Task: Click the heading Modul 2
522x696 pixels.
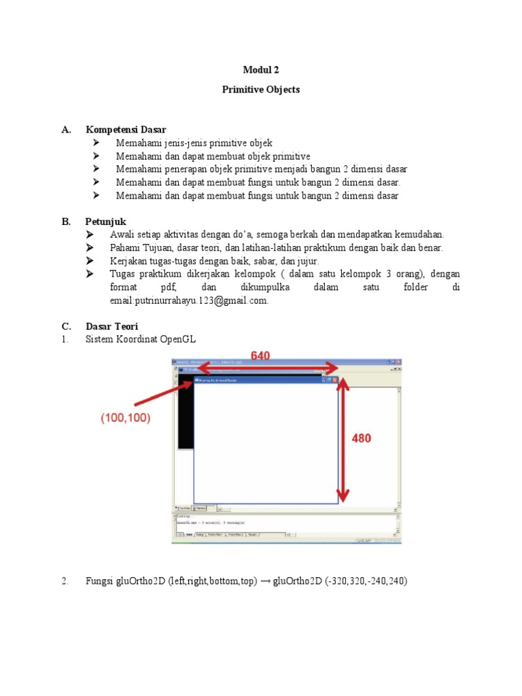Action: click(261, 70)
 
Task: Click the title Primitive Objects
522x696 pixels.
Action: click(261, 90)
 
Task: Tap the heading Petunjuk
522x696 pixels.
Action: click(105, 222)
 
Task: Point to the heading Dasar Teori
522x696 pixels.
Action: click(112, 326)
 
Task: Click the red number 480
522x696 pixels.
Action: click(361, 439)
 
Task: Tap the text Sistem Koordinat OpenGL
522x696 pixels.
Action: click(141, 339)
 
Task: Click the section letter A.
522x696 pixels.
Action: click(65, 129)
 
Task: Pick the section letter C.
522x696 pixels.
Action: click(65, 326)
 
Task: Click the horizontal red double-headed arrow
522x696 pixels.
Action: click(265, 368)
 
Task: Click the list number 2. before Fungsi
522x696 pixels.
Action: click(65, 581)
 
